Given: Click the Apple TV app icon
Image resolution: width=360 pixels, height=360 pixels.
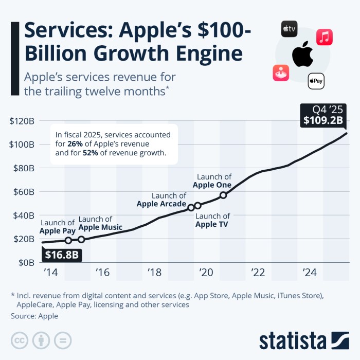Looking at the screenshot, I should click(289, 29).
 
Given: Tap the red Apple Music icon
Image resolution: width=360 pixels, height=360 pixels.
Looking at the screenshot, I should click(324, 37).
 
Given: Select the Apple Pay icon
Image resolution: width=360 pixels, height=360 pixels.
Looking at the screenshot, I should click(316, 81).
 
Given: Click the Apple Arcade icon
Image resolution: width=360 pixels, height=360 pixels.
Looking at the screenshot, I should click(281, 73).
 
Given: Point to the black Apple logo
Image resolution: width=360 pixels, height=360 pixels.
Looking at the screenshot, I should click(302, 55).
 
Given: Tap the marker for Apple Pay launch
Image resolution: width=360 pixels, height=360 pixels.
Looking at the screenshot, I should click(68, 240).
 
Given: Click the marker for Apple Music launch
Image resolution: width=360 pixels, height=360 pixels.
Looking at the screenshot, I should click(81, 239).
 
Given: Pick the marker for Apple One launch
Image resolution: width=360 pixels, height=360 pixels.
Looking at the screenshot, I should click(223, 195).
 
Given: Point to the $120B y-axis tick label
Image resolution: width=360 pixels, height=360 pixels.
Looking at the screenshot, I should click(22, 121).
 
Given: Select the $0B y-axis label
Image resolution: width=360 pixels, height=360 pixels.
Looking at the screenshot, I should click(25, 263).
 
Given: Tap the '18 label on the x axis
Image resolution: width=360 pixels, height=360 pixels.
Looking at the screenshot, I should click(154, 272).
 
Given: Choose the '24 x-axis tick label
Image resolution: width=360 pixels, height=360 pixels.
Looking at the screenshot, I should click(310, 272).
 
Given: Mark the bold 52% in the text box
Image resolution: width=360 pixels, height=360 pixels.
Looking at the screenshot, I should click(91, 153).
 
